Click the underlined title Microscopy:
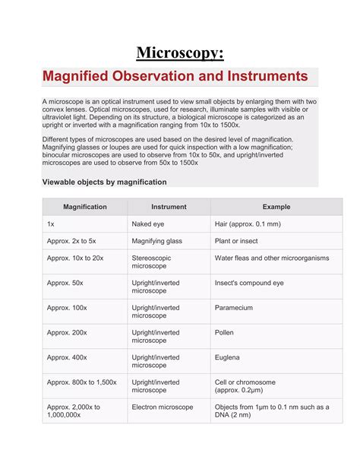(180, 52)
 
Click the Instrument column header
(169, 207)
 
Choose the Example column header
(276, 207)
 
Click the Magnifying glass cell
(157, 241)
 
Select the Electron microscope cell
(163, 407)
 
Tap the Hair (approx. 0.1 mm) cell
(248, 225)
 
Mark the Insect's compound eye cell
(249, 283)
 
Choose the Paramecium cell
(236, 308)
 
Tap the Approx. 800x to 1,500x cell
(81, 382)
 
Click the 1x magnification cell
(51, 225)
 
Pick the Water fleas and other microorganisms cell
(272, 258)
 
